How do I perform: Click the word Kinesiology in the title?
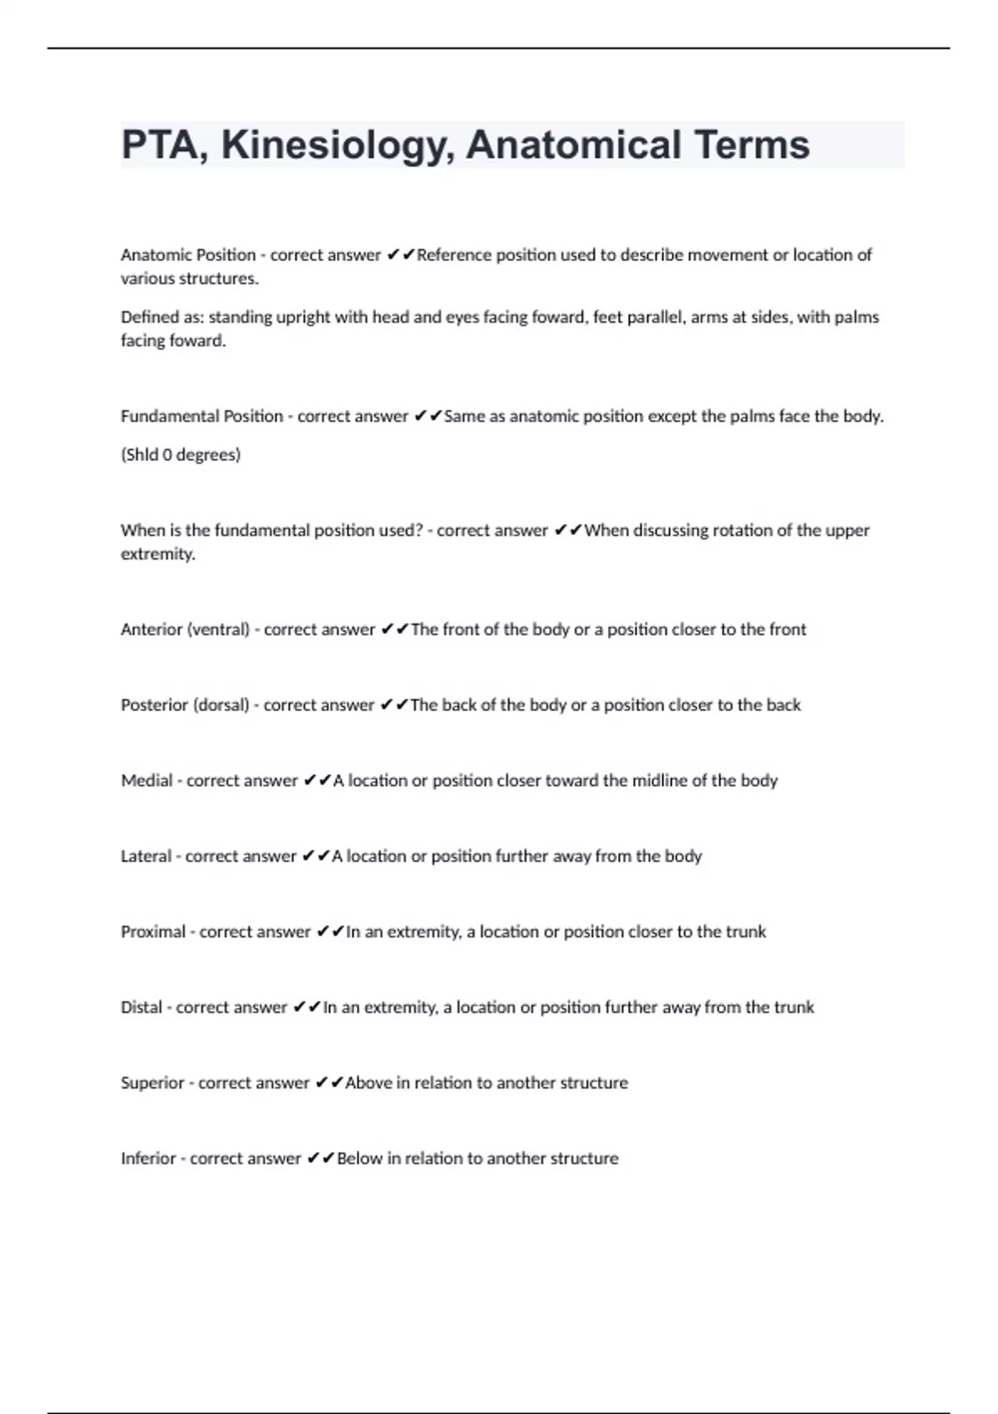pos(337,146)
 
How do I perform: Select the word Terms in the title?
pos(752,146)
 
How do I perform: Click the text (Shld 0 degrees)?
pos(180,455)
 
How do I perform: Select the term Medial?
pos(146,780)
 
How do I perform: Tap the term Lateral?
pos(146,856)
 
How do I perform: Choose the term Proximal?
pos(153,932)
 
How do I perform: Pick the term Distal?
pos(141,1007)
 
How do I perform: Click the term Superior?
pos(152,1083)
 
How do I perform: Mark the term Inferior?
pos(148,1159)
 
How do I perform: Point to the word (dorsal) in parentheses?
pos(220,705)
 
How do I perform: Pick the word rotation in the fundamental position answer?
pos(744,531)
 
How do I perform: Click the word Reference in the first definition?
pos(454,255)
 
